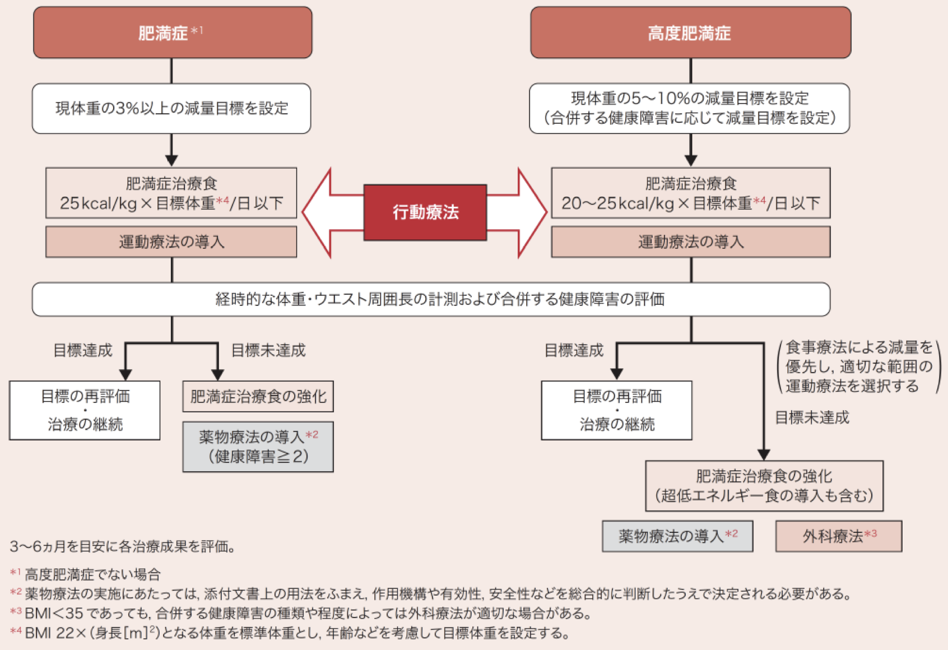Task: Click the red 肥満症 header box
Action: point(173,33)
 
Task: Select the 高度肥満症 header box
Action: point(690,33)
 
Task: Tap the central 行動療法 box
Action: point(425,212)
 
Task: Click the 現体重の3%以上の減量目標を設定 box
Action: point(171,108)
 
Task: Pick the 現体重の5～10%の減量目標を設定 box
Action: point(689,108)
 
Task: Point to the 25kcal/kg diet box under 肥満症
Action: point(171,193)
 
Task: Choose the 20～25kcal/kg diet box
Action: point(690,193)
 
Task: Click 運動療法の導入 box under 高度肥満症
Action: point(690,242)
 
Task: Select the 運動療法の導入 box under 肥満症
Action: point(171,242)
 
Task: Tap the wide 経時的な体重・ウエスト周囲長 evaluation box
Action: point(431,299)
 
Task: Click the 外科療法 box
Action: point(838,536)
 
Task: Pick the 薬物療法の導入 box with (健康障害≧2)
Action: point(258,447)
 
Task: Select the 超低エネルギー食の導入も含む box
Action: point(764,486)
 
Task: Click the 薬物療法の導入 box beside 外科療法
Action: point(677,536)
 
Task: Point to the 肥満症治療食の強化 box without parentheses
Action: point(258,397)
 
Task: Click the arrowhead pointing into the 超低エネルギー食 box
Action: point(764,454)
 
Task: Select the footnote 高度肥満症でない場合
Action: point(92,574)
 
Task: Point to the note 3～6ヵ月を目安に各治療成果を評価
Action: point(122,546)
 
